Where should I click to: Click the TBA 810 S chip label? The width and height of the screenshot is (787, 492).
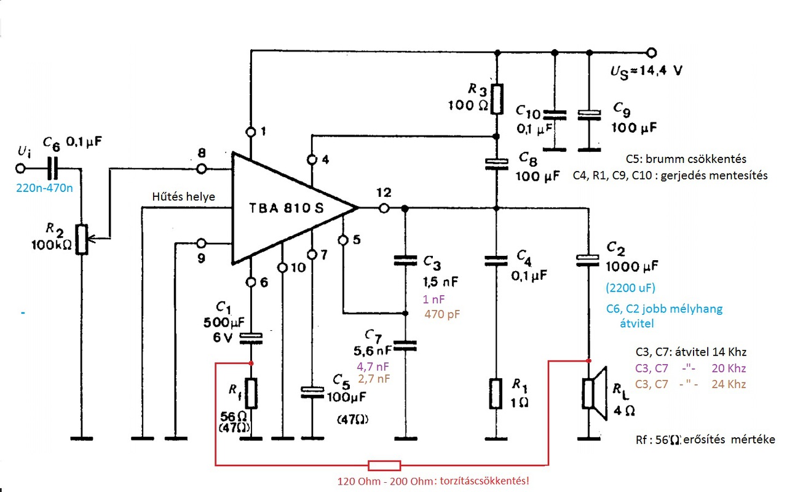(286, 208)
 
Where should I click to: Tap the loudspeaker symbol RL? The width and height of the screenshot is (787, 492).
(595, 394)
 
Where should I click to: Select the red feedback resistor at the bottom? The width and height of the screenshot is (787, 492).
(384, 466)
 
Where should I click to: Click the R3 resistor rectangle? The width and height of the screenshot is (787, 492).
(497, 99)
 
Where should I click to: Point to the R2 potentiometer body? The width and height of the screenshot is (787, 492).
(82, 239)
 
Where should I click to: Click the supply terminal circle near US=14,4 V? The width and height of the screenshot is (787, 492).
(652, 53)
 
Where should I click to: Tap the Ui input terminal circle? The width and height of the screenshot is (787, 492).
(20, 169)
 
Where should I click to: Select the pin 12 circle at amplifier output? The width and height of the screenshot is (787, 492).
(384, 208)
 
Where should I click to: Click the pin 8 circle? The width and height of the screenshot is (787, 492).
(201, 169)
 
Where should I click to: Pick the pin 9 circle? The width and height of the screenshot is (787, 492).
(201, 243)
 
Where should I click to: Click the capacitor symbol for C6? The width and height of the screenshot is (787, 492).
(52, 169)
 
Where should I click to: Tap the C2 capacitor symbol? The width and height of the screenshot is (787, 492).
(588, 261)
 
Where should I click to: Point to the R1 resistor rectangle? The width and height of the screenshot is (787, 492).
(496, 394)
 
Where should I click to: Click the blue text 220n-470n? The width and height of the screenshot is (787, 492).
(45, 188)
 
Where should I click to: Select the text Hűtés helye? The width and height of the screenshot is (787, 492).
(183, 196)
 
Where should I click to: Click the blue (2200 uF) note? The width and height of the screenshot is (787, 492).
(630, 288)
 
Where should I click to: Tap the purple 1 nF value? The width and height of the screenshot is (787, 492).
(433, 300)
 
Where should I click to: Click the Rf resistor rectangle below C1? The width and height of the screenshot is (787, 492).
(251, 393)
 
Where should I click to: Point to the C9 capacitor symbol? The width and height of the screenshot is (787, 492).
(590, 115)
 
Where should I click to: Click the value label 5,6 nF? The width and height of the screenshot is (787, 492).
(373, 350)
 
